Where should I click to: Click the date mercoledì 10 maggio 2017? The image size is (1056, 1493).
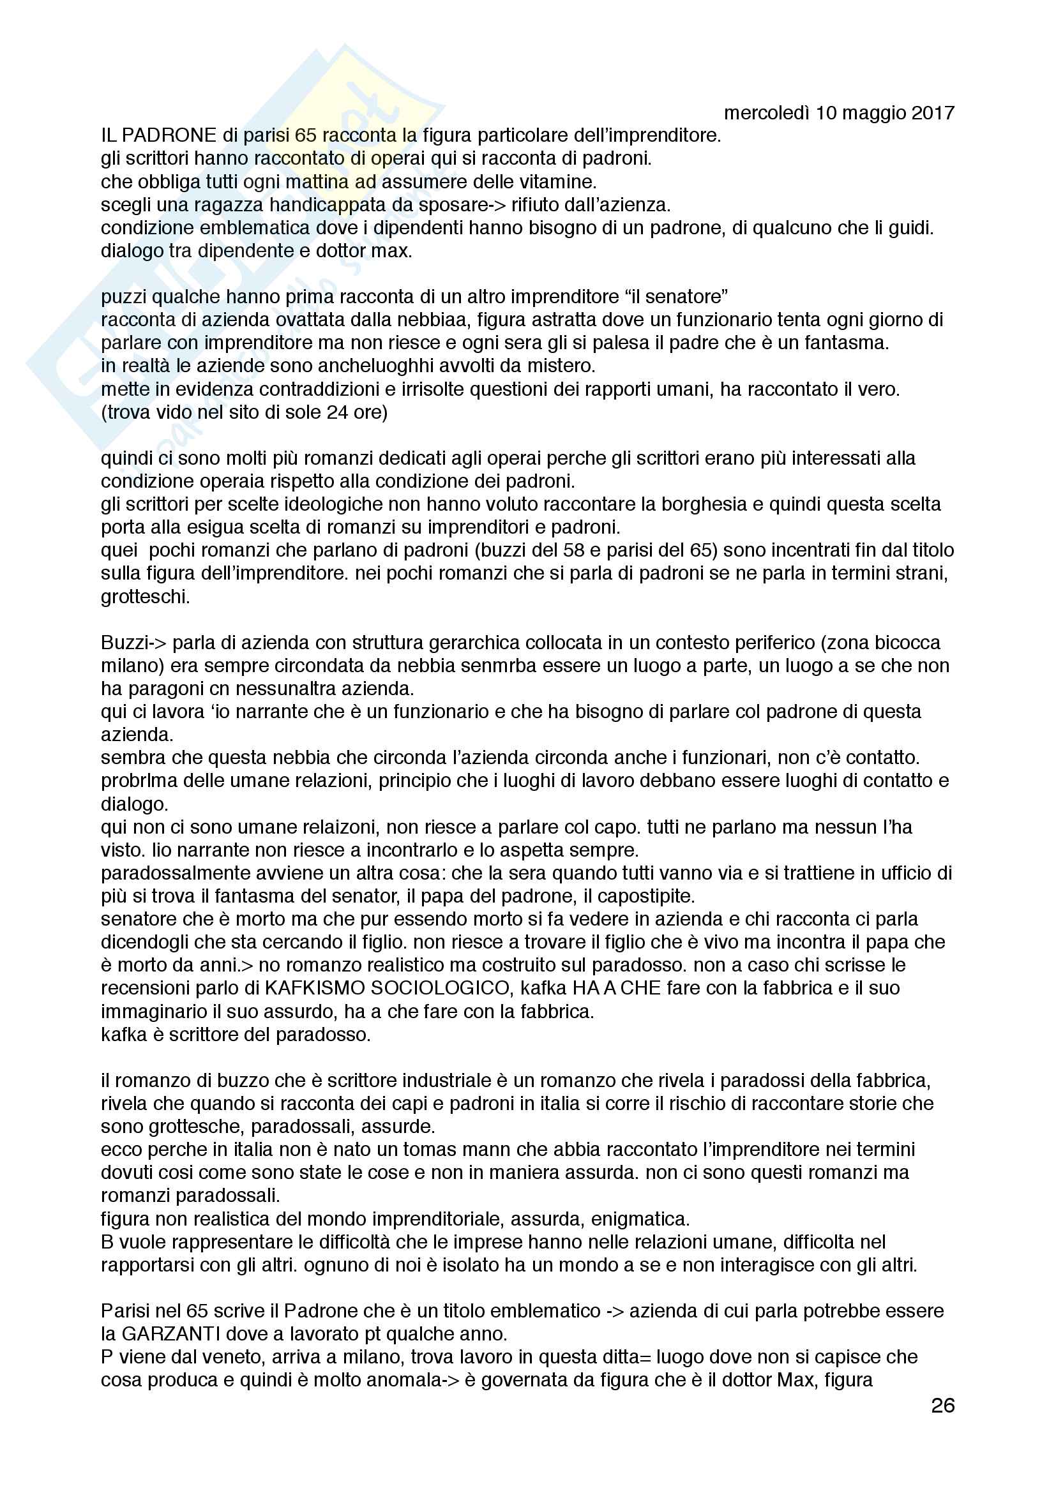tap(839, 113)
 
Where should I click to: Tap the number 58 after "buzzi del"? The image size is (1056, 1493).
tap(566, 550)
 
